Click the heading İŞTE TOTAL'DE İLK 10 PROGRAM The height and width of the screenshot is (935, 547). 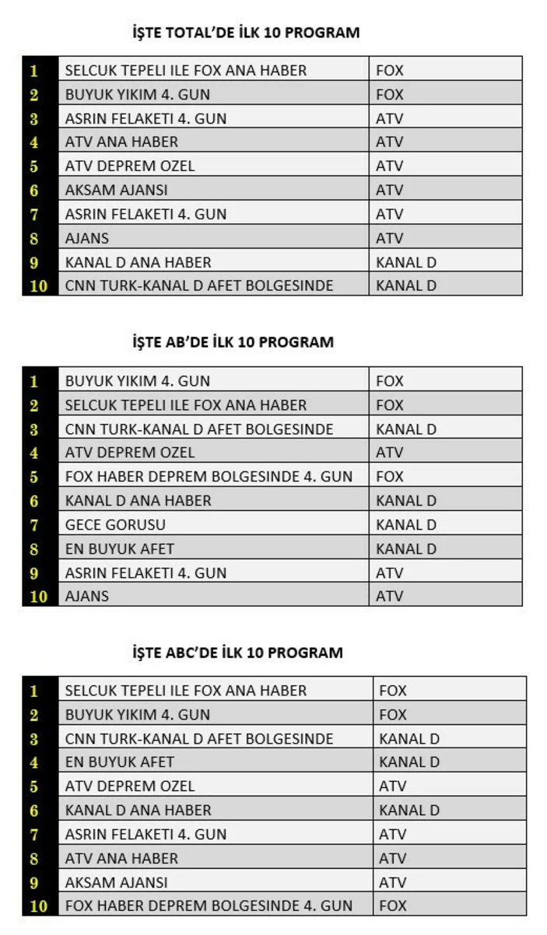246,33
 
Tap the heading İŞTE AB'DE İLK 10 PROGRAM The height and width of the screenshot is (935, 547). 233,342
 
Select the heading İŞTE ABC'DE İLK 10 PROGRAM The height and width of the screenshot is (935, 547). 237,653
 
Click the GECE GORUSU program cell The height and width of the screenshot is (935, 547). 115,525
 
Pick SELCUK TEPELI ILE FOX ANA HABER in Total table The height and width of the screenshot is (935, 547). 186,71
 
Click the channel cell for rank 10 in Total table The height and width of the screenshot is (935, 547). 406,285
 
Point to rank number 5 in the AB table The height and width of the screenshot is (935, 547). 34,477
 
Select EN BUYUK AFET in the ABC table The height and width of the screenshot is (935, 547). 120,762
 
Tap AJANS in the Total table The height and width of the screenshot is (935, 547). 87,238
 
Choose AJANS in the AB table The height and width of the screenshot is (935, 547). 87,597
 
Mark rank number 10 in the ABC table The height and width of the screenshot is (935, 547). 39,906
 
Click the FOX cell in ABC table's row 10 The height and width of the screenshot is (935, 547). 393,905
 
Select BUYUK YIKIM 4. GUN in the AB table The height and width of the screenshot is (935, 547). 138,382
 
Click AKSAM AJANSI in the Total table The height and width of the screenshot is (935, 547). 117,190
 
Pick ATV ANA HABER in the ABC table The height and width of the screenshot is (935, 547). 121,859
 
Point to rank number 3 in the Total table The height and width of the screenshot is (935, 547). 34,119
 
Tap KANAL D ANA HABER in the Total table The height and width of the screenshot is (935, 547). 139,262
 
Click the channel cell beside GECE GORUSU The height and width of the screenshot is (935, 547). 406,525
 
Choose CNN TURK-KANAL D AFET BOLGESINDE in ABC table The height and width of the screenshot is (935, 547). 199,739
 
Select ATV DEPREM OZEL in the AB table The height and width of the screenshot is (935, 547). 130,453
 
